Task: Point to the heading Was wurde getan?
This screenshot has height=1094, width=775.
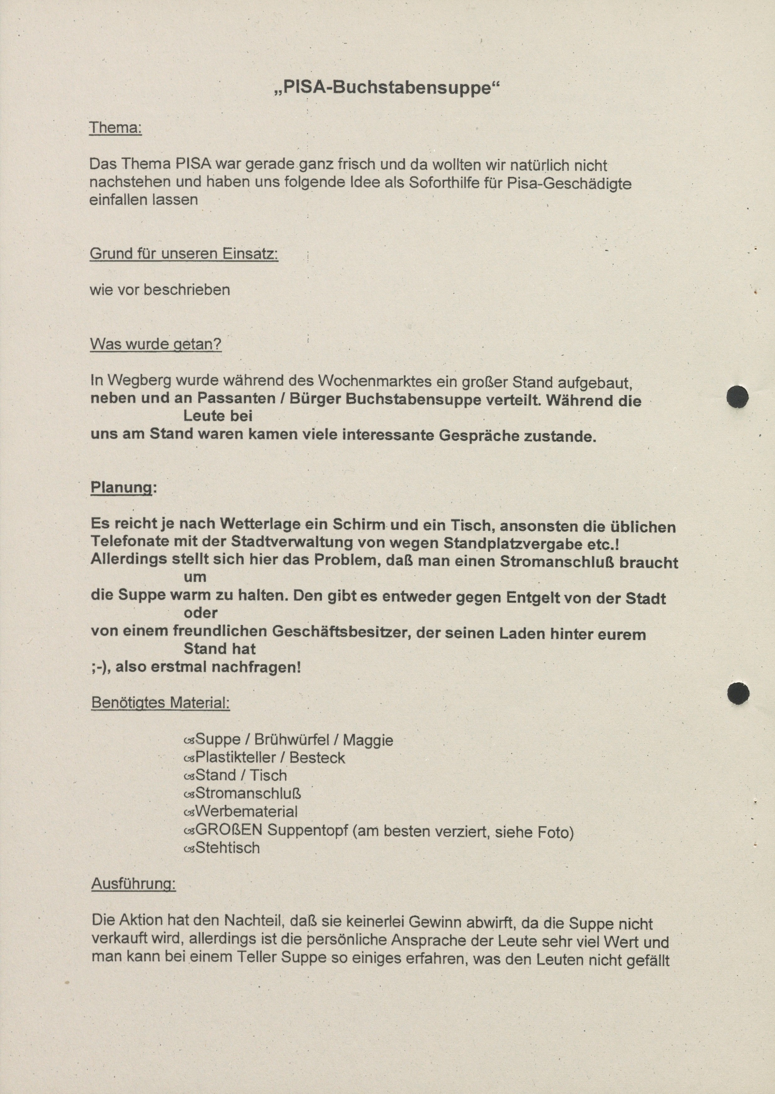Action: pyautogui.click(x=156, y=344)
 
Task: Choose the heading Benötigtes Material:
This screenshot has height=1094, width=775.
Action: pyautogui.click(x=160, y=703)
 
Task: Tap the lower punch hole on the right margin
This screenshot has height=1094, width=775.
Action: pyautogui.click(x=738, y=693)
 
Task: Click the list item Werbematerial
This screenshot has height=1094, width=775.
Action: pyautogui.click(x=246, y=812)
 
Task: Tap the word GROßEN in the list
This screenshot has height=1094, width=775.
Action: pyautogui.click(x=229, y=830)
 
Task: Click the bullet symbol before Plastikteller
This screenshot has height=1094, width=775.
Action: pyautogui.click(x=189, y=758)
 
